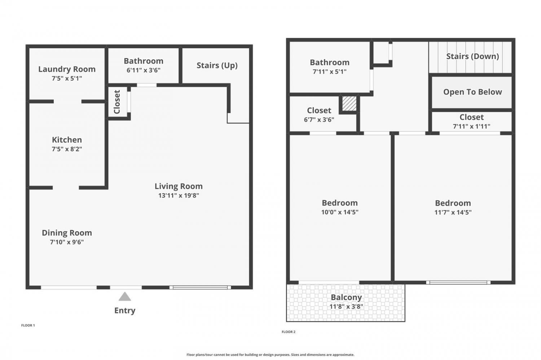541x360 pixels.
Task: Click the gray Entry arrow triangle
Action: [x=125, y=297]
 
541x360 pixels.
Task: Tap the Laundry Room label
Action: [x=67, y=69]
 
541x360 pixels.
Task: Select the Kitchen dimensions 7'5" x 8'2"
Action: [x=67, y=149]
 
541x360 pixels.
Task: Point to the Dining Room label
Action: [x=67, y=233]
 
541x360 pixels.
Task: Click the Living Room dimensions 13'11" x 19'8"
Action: [x=179, y=195]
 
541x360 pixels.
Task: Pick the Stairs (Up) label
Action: [x=217, y=65]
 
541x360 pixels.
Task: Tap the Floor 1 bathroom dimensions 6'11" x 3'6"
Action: [x=144, y=70]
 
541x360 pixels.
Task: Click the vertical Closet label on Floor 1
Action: [x=117, y=102]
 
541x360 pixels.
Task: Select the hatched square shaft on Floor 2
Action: [x=349, y=104]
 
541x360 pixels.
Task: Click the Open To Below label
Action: [x=472, y=92]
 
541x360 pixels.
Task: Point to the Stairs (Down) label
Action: [x=472, y=56]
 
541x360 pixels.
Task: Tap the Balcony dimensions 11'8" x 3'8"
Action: [x=346, y=307]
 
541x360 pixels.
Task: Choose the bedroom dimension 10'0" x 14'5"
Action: [x=340, y=212]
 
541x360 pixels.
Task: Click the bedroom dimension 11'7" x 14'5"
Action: [x=453, y=212]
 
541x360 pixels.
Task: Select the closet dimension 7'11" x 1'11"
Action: [x=472, y=126]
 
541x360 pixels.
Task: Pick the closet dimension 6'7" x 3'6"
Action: [x=319, y=120]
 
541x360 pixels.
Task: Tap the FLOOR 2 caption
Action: [x=289, y=332]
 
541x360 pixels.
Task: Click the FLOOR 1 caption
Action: [x=28, y=325]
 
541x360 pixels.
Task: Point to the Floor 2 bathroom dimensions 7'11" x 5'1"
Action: [x=330, y=72]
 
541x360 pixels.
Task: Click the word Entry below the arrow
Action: [x=125, y=310]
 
